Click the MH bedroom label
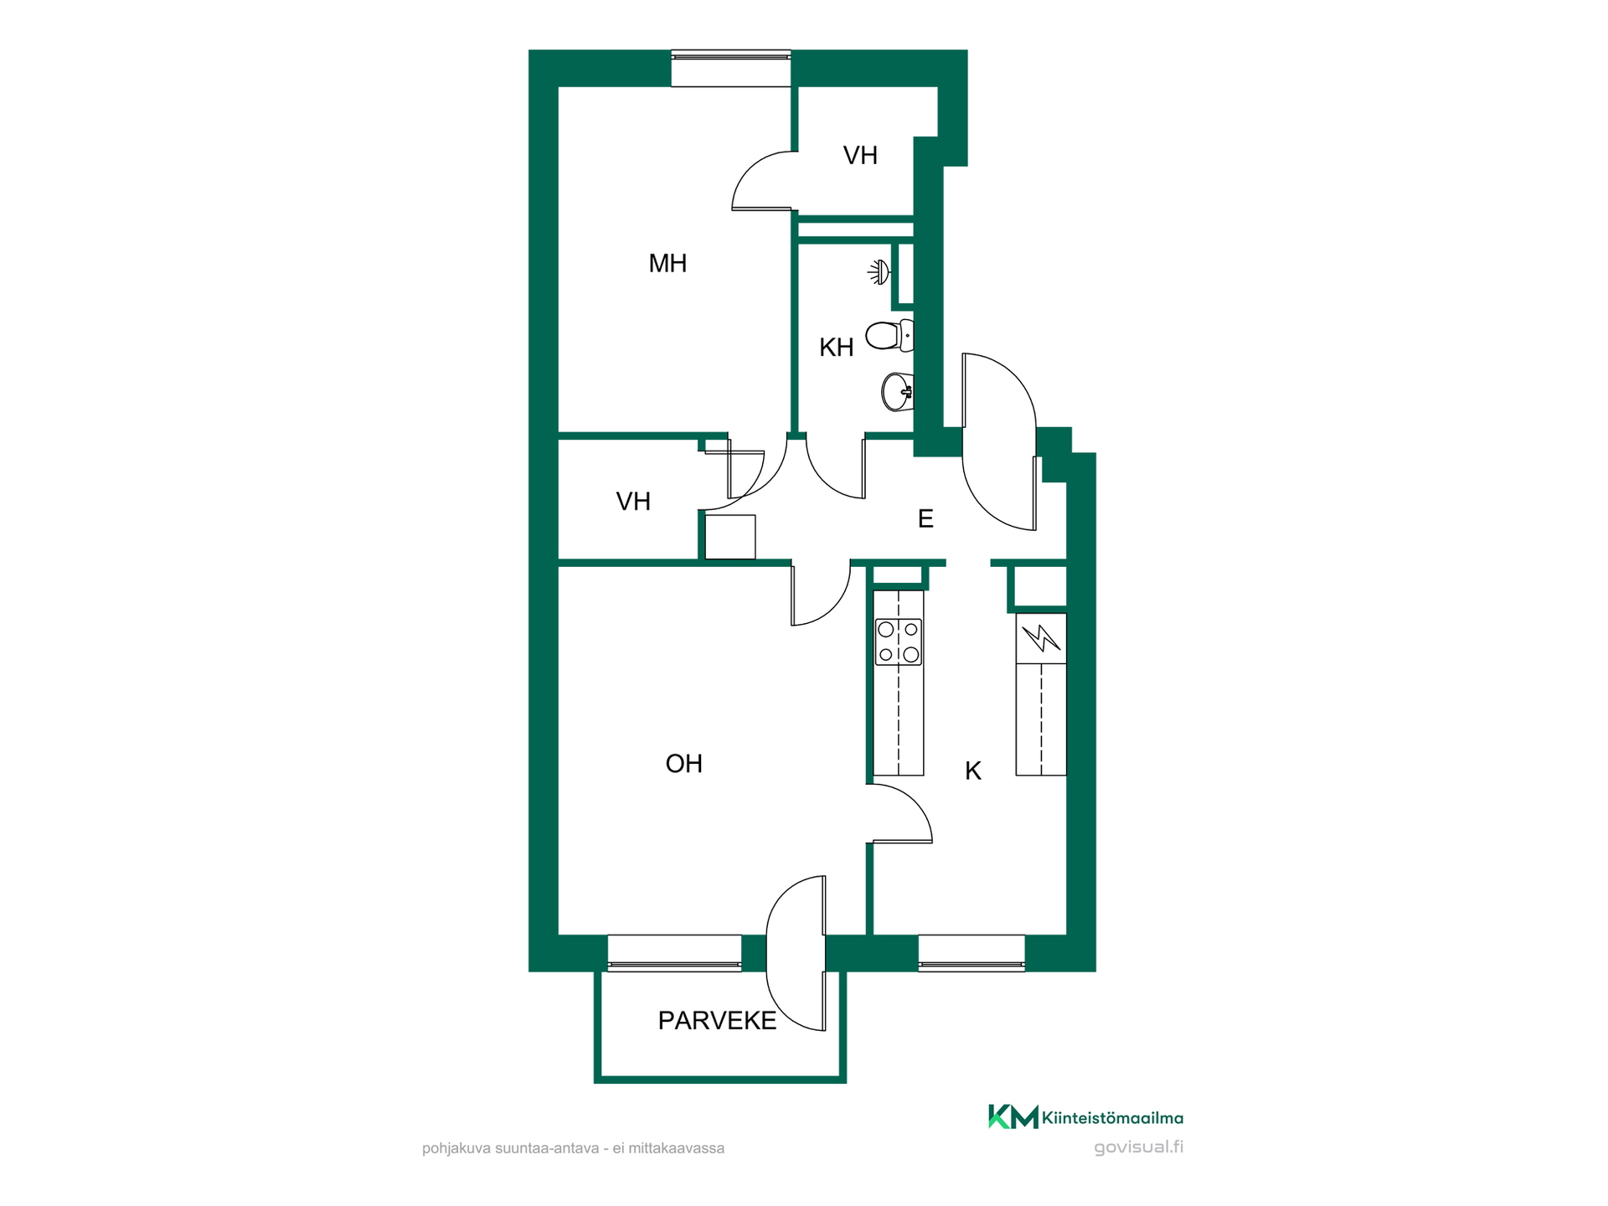(x=667, y=264)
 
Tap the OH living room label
(x=683, y=764)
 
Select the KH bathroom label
(x=836, y=348)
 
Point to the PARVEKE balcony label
(x=717, y=1021)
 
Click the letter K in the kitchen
(x=973, y=771)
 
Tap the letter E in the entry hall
(x=925, y=519)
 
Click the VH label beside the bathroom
(x=860, y=156)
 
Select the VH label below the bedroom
(x=633, y=502)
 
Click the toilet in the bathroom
(x=889, y=336)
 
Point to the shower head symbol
(x=879, y=273)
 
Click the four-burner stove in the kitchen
(x=899, y=642)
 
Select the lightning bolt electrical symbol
(x=1041, y=638)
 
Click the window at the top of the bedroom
(x=731, y=69)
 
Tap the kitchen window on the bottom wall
(x=971, y=953)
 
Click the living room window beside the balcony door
(x=674, y=953)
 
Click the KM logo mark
(x=1013, y=1116)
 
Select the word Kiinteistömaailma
(x=1113, y=1118)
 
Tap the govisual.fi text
(x=1139, y=1147)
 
